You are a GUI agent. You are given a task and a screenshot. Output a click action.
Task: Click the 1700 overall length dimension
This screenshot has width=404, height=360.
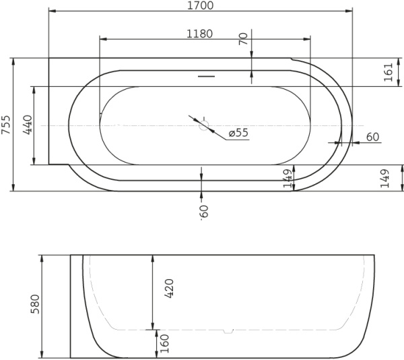200,6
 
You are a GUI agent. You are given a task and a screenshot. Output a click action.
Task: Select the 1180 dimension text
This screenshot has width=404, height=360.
200,34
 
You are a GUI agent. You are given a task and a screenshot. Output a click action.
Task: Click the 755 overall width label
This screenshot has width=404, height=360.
6,125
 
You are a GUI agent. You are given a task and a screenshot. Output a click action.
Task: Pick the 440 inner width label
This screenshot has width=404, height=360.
28,125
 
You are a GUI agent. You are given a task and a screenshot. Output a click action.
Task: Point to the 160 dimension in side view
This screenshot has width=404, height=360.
164,344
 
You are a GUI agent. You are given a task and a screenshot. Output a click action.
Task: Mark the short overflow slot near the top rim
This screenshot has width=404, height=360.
206,76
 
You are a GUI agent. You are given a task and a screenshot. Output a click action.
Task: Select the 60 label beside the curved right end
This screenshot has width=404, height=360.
372,137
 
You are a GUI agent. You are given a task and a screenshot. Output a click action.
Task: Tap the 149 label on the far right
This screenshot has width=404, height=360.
384,178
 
